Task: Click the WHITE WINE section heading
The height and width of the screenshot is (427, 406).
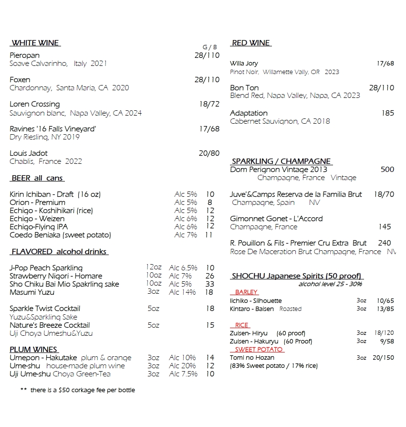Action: click(35, 43)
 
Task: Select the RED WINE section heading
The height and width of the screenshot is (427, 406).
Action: click(251, 43)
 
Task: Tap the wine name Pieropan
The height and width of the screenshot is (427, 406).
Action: click(25, 55)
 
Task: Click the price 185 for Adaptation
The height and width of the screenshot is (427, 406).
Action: click(387, 113)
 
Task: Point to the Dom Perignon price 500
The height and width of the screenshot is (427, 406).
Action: click(387, 170)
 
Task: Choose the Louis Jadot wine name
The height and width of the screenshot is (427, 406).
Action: click(29, 153)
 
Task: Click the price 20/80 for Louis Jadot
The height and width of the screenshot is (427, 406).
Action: click(209, 153)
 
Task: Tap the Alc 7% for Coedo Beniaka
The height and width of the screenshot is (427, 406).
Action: click(186, 235)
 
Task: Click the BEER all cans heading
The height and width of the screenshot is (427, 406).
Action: click(37, 178)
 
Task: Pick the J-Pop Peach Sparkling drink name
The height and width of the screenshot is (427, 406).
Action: click(46, 268)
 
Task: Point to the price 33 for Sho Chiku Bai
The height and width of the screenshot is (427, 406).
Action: click(210, 284)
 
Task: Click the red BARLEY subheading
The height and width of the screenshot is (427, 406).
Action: click(246, 292)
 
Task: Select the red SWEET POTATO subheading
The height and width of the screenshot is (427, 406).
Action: click(259, 350)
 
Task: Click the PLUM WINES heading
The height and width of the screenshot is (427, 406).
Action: click(34, 350)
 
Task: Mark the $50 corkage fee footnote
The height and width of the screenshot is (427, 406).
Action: click(78, 390)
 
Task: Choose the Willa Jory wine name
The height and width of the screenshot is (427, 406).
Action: click(244, 64)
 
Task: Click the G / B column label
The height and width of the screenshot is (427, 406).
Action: click(209, 47)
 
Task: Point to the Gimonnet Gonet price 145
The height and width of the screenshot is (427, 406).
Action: click(385, 227)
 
